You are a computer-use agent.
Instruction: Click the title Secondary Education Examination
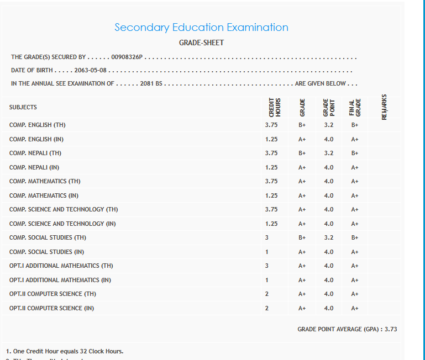(201, 27)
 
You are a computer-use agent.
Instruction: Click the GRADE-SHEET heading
(201, 43)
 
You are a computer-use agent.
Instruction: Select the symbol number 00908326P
(127, 57)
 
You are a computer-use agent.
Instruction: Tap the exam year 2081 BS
(150, 83)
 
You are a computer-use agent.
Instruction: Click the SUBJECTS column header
(23, 107)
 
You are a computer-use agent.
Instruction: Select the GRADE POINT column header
(328, 107)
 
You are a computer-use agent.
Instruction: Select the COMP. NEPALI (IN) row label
(34, 167)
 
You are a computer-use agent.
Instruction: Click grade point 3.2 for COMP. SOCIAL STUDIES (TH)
(329, 237)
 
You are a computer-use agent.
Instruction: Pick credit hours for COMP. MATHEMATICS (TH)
(271, 181)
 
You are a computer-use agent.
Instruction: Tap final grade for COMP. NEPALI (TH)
(355, 153)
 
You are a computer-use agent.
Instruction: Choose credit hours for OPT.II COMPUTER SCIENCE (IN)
(267, 308)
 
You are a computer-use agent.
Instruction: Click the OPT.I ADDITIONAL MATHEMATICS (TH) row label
(61, 266)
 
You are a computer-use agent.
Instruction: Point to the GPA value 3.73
(391, 329)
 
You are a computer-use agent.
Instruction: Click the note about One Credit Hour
(65, 351)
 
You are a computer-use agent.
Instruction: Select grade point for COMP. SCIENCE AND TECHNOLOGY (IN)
(329, 224)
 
